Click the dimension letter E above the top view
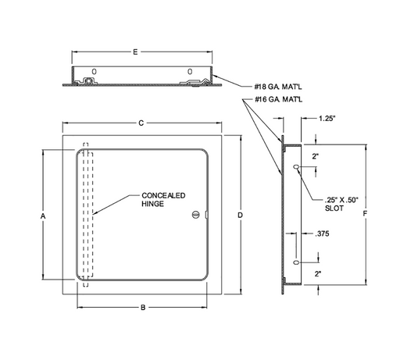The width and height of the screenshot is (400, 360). tap(135, 52)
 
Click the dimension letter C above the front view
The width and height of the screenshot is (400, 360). tap(141, 123)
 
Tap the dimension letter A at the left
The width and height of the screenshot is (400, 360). tap(43, 216)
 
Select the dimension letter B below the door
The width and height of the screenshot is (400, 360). tap(143, 308)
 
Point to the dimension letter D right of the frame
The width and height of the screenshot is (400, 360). tap(240, 215)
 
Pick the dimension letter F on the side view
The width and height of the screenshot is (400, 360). tap(365, 214)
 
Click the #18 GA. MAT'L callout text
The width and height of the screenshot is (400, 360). tap(278, 87)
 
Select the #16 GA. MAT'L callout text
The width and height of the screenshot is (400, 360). tap(278, 99)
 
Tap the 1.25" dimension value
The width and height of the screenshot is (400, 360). tap(327, 119)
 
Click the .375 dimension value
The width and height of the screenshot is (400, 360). tap(322, 233)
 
